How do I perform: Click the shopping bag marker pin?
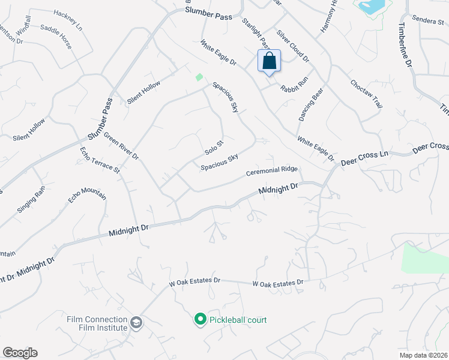269,61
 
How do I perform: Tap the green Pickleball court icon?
200,320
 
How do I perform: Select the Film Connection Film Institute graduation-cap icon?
136,323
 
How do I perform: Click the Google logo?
20,353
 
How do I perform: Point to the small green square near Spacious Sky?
199,77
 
